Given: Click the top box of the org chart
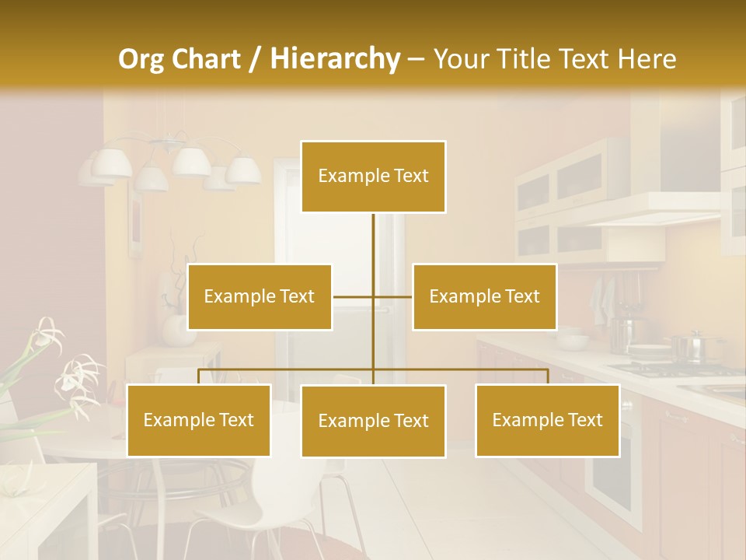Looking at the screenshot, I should tap(373, 177).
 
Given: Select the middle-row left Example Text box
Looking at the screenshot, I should tap(260, 296).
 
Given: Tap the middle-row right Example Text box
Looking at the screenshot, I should tap(484, 296).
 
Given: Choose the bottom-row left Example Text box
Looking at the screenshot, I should tap(198, 420).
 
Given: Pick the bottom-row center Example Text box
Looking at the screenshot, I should tap(373, 421).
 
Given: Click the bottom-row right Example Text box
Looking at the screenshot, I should tap(547, 420).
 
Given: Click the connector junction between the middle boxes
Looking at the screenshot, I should tap(373, 296).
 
